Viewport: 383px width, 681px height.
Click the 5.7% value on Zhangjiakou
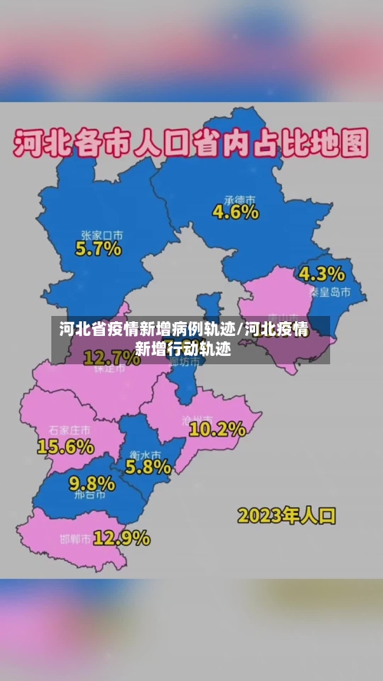[98, 248]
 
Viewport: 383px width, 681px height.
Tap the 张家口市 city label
[103, 235]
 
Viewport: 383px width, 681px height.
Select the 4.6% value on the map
[235, 212]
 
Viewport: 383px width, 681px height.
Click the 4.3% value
[322, 274]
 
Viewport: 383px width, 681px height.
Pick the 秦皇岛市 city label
[330, 292]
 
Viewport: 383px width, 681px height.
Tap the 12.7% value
[112, 357]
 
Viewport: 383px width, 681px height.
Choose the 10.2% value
[217, 429]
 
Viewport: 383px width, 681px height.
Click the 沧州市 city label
[205, 417]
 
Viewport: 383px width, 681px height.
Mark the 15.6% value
[65, 446]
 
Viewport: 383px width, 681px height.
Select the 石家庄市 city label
[69, 429]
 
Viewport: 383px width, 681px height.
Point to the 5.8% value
[148, 466]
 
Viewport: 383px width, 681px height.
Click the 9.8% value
[92, 483]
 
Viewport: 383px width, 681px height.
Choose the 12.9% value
[121, 538]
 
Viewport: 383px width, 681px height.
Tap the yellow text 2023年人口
[286, 515]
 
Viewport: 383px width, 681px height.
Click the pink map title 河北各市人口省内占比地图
[191, 143]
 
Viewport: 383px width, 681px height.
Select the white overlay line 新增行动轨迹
[182, 349]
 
